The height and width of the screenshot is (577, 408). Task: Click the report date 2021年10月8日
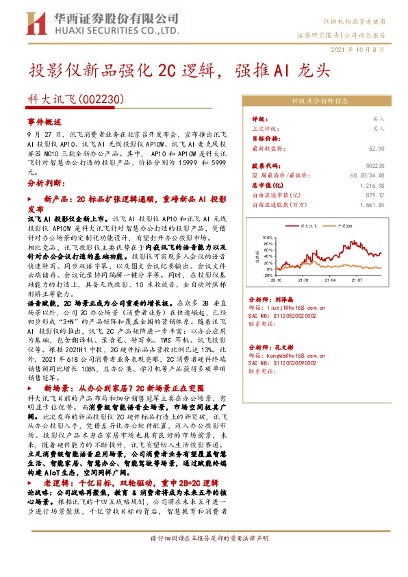pos(362,51)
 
